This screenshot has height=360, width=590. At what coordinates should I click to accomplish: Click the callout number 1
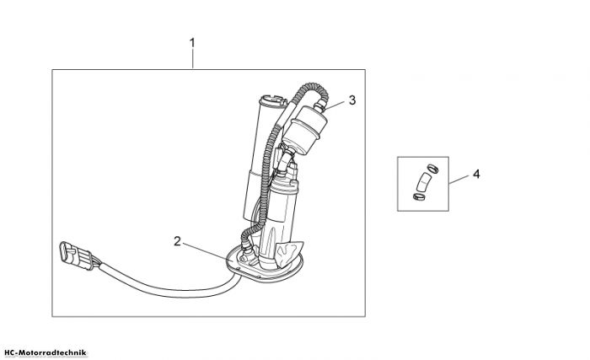[x=192, y=43]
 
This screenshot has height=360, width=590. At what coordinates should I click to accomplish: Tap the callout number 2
[x=177, y=241]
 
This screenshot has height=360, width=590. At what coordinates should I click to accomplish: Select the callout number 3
[x=352, y=100]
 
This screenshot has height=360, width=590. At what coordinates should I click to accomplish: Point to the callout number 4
[x=476, y=175]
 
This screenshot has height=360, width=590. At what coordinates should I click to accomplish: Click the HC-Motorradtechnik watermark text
[x=46, y=353]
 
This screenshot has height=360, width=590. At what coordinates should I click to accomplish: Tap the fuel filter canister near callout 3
[x=305, y=131]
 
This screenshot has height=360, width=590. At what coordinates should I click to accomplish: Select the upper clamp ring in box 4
[x=432, y=169]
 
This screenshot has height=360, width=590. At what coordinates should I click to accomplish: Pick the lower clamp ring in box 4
[x=419, y=196]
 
